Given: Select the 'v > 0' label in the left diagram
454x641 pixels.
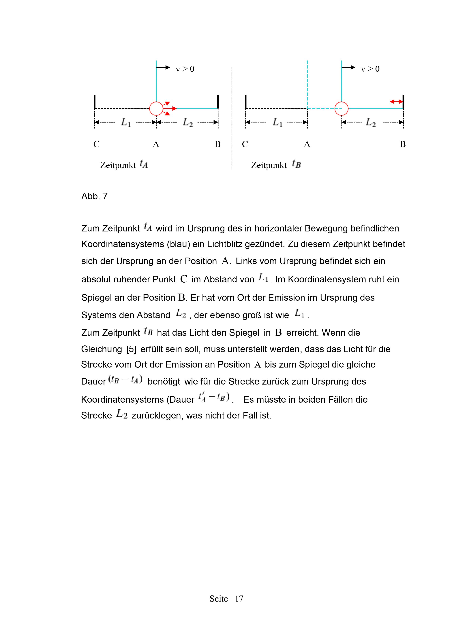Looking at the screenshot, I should tap(185, 69).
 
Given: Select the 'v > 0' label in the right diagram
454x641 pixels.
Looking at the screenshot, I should tap(370, 69).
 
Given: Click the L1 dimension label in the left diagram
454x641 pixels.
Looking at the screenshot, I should tap(126, 122).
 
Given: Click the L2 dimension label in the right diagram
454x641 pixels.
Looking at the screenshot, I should tap(371, 122).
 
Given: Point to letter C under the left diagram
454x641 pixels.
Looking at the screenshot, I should tap(96, 144).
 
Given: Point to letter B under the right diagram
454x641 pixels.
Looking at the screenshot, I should tap(403, 144).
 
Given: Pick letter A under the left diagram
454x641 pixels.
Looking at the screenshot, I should tap(156, 144).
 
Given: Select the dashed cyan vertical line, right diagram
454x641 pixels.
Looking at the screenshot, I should tap(307, 84).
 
